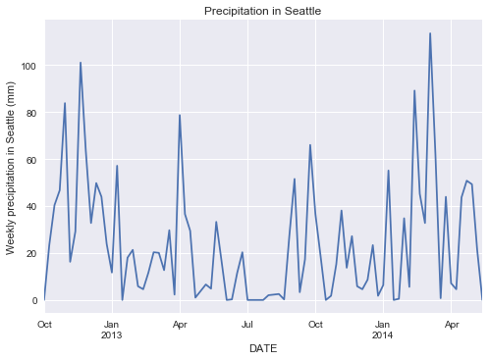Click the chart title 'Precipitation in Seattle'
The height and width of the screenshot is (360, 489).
point(262,11)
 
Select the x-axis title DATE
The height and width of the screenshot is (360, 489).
point(262,349)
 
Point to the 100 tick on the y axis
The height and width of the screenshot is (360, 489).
point(27,66)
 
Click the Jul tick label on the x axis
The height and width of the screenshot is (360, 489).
point(247,323)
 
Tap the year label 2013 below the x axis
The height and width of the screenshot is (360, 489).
point(112,334)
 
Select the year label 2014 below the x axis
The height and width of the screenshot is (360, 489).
point(383,334)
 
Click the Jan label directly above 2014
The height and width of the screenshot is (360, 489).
point(383,323)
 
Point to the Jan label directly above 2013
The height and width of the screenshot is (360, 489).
point(112,323)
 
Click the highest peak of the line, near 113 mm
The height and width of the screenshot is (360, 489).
point(430,33)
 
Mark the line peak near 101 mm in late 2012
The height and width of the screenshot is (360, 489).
point(81,63)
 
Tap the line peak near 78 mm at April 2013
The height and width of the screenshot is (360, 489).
point(180,116)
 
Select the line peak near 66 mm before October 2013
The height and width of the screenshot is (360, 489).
point(310,145)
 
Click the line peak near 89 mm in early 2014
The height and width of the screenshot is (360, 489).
point(414,90)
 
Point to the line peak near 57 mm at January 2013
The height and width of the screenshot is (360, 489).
point(117,166)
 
